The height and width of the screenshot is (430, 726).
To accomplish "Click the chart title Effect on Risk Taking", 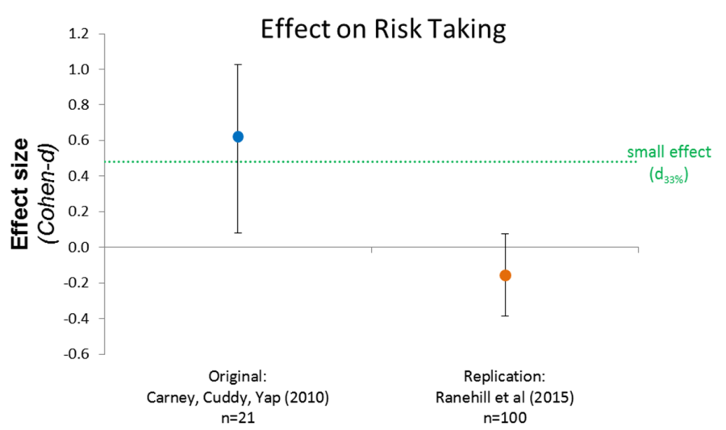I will point(382,29).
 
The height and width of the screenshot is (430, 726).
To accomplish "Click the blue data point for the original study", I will point(238,137).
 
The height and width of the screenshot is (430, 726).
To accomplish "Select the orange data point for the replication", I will point(505,275).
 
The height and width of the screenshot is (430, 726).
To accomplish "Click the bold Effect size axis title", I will point(23,194).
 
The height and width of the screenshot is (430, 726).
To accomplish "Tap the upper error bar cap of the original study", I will point(238,64).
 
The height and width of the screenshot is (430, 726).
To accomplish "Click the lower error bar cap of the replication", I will point(505,315).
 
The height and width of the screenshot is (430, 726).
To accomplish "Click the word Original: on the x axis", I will point(237,376).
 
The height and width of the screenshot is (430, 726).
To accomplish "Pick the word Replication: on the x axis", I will point(505,376).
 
